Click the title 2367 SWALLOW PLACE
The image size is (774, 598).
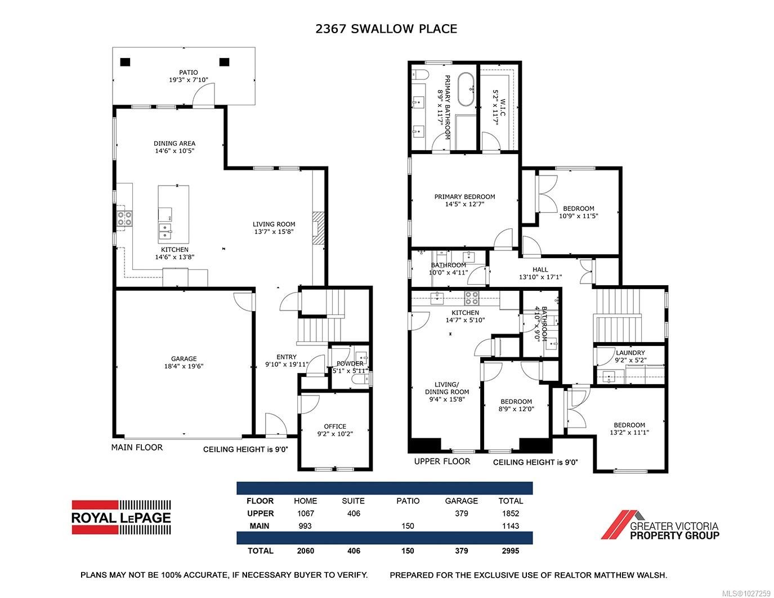pyautogui.click(x=386, y=29)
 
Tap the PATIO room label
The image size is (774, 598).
pyautogui.click(x=189, y=76)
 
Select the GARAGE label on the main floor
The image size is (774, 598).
pyautogui.click(x=184, y=362)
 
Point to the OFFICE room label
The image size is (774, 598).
pyautogui.click(x=335, y=430)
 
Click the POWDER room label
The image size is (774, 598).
pyautogui.click(x=350, y=367)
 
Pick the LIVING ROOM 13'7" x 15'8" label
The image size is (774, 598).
pyautogui.click(x=274, y=228)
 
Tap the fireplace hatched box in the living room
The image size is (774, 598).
pyautogui.click(x=319, y=227)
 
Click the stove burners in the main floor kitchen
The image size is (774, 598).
pyautogui.click(x=124, y=218)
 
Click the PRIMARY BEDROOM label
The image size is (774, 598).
pyautogui.click(x=464, y=200)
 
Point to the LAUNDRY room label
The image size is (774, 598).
pyautogui.click(x=630, y=356)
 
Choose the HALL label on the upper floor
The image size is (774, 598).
pyautogui.click(x=540, y=273)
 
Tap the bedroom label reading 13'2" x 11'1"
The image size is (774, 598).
pyautogui.click(x=629, y=429)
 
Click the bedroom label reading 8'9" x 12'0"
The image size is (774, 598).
pyautogui.click(x=516, y=406)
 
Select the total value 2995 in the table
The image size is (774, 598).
pyautogui.click(x=511, y=551)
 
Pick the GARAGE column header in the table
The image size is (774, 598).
pyautogui.click(x=461, y=501)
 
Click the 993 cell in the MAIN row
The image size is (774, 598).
pyautogui.click(x=305, y=526)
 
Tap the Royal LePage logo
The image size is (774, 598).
pyautogui.click(x=121, y=516)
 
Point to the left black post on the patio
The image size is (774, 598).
pyautogui.click(x=125, y=62)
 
